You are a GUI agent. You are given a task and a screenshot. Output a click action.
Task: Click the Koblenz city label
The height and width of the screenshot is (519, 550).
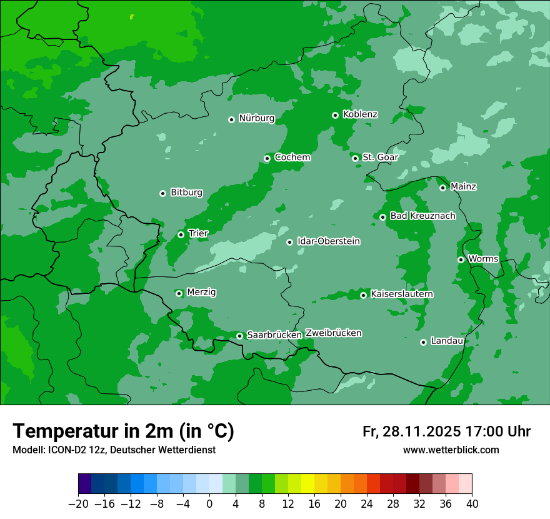(x=360, y=114)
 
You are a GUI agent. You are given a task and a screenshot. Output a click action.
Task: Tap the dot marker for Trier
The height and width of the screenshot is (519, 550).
(x=181, y=234)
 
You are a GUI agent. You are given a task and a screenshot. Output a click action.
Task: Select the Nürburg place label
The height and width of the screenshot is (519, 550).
(x=256, y=118)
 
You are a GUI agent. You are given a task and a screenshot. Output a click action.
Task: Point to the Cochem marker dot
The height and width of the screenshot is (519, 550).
(x=267, y=158)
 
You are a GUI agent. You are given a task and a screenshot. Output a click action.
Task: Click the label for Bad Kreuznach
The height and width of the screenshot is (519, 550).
(x=422, y=216)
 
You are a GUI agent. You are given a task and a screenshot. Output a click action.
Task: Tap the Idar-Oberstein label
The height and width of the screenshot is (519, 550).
(x=328, y=241)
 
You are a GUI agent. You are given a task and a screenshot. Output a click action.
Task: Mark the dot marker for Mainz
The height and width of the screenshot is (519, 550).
(x=442, y=188)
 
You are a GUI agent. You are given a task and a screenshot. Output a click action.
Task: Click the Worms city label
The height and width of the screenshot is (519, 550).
(x=483, y=259)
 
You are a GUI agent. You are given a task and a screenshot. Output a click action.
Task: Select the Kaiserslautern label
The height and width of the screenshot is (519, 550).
(x=402, y=294)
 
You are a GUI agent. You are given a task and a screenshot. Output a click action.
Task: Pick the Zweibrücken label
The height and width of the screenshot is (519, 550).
(x=333, y=333)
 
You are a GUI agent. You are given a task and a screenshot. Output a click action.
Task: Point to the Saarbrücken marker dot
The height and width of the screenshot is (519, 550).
(x=239, y=336)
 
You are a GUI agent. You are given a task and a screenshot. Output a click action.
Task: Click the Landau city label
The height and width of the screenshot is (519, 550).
(x=447, y=341)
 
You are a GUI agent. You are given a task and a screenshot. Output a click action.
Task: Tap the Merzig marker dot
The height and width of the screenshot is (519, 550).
(x=179, y=293)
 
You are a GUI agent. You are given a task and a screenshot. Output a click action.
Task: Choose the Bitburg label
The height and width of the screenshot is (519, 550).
(x=186, y=193)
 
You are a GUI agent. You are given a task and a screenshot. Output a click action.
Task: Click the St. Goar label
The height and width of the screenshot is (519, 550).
(x=380, y=157)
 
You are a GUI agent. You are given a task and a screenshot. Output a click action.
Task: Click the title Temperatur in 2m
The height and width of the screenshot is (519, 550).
(x=123, y=431)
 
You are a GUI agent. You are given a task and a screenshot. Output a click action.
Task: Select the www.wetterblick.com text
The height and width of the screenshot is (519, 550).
(x=451, y=450)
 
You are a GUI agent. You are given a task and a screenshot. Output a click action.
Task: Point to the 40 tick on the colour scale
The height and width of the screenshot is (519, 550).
(x=472, y=503)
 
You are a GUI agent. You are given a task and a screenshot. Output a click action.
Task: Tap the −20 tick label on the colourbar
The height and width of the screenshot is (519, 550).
(x=77, y=503)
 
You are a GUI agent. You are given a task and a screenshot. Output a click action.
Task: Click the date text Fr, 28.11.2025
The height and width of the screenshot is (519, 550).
(x=412, y=431)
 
